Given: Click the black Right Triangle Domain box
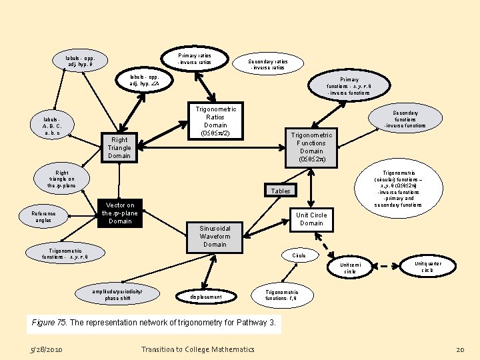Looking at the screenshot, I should (x=119, y=148).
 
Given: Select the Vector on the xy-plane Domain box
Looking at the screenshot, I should (x=120, y=213).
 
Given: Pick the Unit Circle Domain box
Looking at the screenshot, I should (x=311, y=219).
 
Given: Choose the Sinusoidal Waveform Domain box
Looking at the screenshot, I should (x=215, y=236).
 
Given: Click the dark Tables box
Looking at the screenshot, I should (x=281, y=191).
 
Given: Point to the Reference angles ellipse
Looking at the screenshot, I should (x=43, y=216).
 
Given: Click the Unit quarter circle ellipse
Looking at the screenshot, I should (x=427, y=267).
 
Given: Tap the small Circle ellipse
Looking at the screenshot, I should (x=299, y=255).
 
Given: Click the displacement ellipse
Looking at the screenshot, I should (x=207, y=297).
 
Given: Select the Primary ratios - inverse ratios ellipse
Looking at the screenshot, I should (x=194, y=59).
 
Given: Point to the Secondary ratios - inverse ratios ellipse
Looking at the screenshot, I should (x=267, y=64).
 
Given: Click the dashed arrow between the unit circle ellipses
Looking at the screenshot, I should (x=389, y=268).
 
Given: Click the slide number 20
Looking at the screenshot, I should (x=459, y=349).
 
